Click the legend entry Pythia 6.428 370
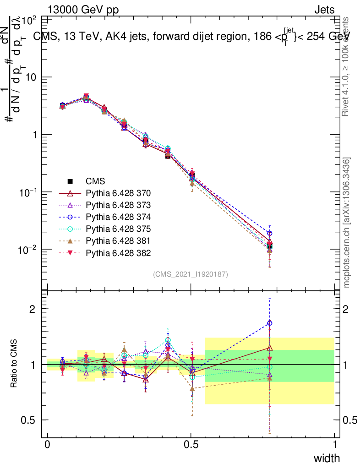coord(118,193)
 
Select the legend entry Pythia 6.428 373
coord(118,205)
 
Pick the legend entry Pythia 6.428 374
coord(118,217)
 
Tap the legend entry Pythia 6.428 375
coord(118,229)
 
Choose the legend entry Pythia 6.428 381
coord(118,240)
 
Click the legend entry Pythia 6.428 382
coord(118,252)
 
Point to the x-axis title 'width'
coord(327,458)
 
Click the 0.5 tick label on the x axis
coord(191,444)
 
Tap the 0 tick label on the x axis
coord(47,444)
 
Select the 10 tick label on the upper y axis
coord(31,77)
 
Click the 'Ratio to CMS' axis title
coord(14,363)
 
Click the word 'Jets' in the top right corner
coord(324,10)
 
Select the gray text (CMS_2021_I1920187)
coord(191,274)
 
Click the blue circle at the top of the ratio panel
coord(270,323)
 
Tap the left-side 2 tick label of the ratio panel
coord(32,309)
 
